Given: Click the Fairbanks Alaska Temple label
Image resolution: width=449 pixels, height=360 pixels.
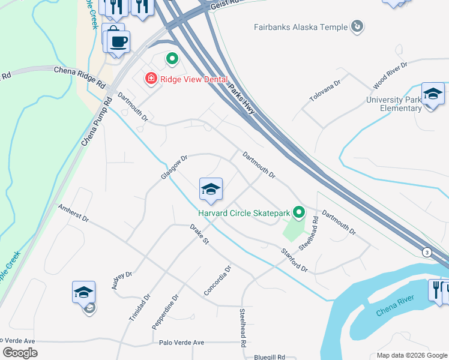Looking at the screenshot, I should pos(301,27).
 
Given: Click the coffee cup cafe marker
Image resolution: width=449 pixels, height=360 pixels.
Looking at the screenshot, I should pos(119,42).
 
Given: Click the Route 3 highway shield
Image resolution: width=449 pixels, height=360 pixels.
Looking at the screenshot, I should pos(427,251).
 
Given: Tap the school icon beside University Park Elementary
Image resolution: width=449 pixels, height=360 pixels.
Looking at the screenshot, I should pos(432,94).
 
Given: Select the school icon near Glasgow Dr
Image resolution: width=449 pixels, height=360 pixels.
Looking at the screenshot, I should pos(211,190).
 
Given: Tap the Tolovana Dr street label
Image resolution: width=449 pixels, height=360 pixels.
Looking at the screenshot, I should pos(324,90).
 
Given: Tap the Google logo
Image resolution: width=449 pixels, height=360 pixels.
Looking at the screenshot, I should pos(20,353).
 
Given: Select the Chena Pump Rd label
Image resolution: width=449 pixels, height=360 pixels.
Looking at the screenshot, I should pos(96,123).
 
